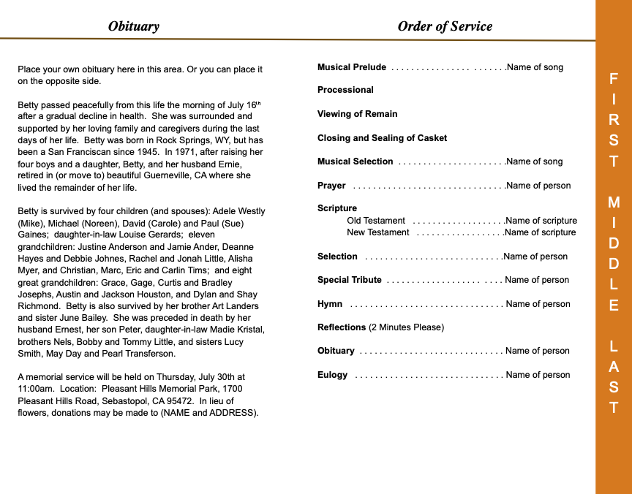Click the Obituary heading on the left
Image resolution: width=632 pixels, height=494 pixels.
point(133,26)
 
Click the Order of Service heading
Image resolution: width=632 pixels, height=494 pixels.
point(445,26)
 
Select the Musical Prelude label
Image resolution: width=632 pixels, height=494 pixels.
point(352,67)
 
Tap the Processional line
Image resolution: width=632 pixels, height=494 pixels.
point(345,90)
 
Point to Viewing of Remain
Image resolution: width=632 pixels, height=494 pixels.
point(358,114)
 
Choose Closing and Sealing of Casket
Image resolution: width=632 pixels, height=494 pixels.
point(382,138)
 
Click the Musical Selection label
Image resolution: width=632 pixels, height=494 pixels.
point(355,161)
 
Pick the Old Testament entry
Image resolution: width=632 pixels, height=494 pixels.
point(376,221)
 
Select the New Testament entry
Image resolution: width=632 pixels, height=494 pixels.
point(378,232)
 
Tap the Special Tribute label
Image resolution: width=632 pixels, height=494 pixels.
point(350,280)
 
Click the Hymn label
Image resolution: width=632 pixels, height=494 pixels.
point(330,304)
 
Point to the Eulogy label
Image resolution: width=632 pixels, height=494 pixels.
point(333,375)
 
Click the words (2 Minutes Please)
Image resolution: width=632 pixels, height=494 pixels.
point(406,327)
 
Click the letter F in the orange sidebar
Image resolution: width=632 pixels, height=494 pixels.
point(614,79)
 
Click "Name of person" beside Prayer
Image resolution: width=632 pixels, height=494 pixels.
point(538,186)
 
